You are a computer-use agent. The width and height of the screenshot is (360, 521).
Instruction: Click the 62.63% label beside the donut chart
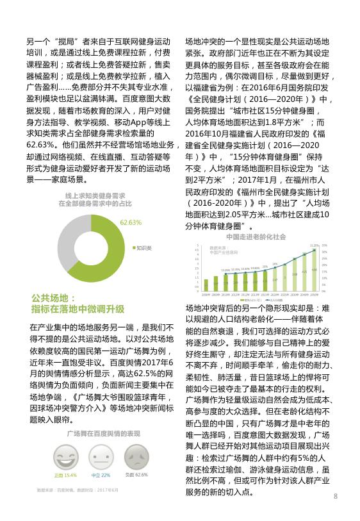[x=131, y=222]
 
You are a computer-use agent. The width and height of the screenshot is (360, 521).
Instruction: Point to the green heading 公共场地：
[x=53, y=299]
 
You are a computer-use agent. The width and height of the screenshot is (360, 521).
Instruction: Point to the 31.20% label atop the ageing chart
[x=313, y=245]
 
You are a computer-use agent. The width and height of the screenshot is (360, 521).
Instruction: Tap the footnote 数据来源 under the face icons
[x=78, y=490]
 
